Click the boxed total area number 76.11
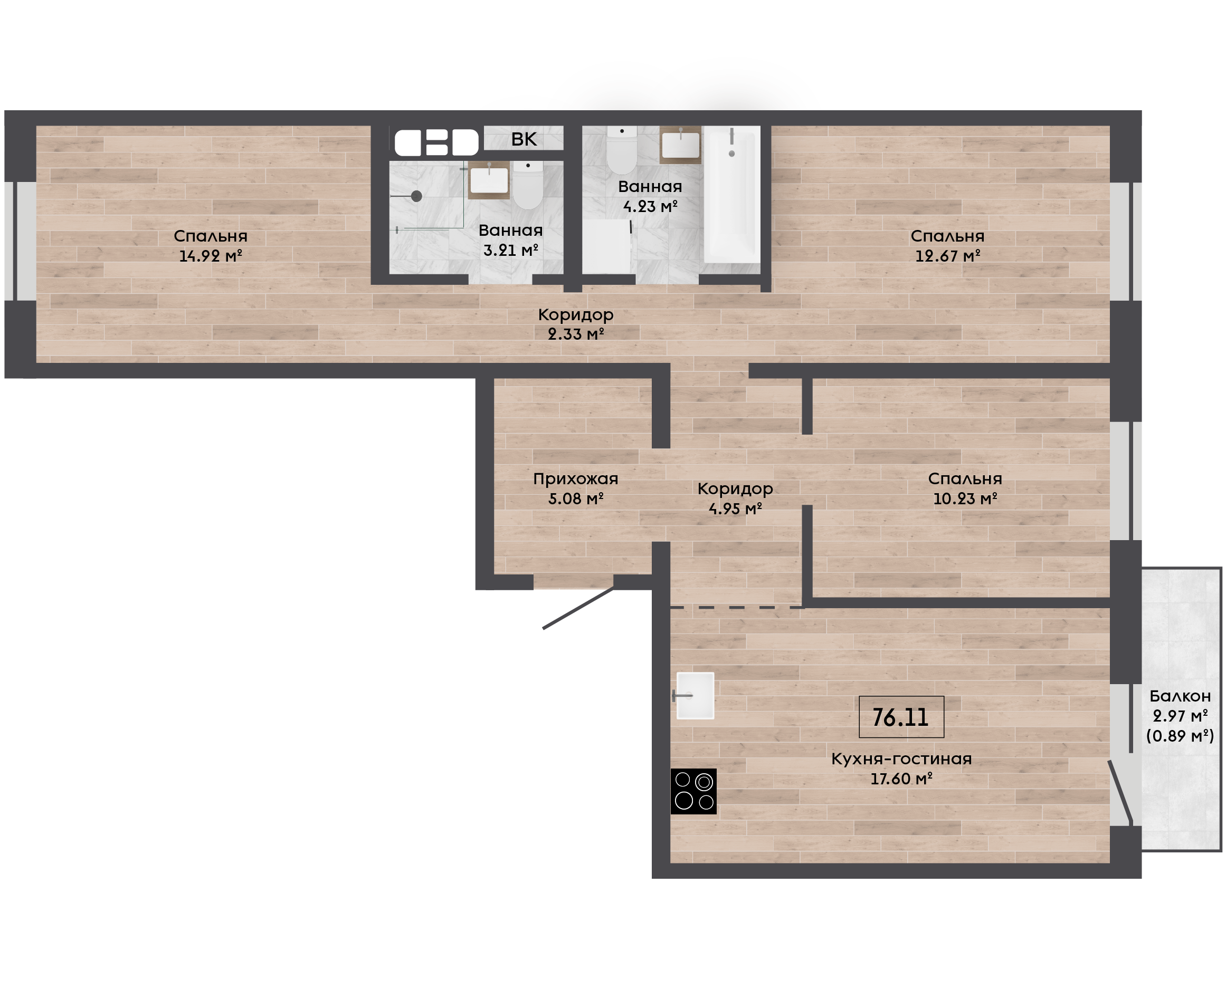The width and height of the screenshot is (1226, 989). point(900,717)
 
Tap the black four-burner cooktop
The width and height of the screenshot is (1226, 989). point(693,791)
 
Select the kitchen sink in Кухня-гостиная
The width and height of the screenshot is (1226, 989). point(695,696)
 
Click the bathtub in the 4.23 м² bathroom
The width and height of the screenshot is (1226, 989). point(732,194)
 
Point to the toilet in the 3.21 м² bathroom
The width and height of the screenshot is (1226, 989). point(528,185)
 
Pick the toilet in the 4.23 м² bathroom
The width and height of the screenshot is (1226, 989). point(621,149)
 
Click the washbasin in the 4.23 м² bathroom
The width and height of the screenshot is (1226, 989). point(680,145)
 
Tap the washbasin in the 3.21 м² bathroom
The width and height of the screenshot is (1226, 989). point(489,179)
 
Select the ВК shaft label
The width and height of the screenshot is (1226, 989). point(524,139)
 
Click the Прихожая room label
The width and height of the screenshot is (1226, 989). point(576,479)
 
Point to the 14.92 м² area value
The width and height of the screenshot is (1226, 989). point(211,256)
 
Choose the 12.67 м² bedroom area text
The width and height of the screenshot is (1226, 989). point(948,256)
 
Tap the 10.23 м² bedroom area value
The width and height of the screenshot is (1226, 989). point(965,498)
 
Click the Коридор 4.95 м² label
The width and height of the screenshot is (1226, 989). point(735,498)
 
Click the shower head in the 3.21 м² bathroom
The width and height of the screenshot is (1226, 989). point(416,196)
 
